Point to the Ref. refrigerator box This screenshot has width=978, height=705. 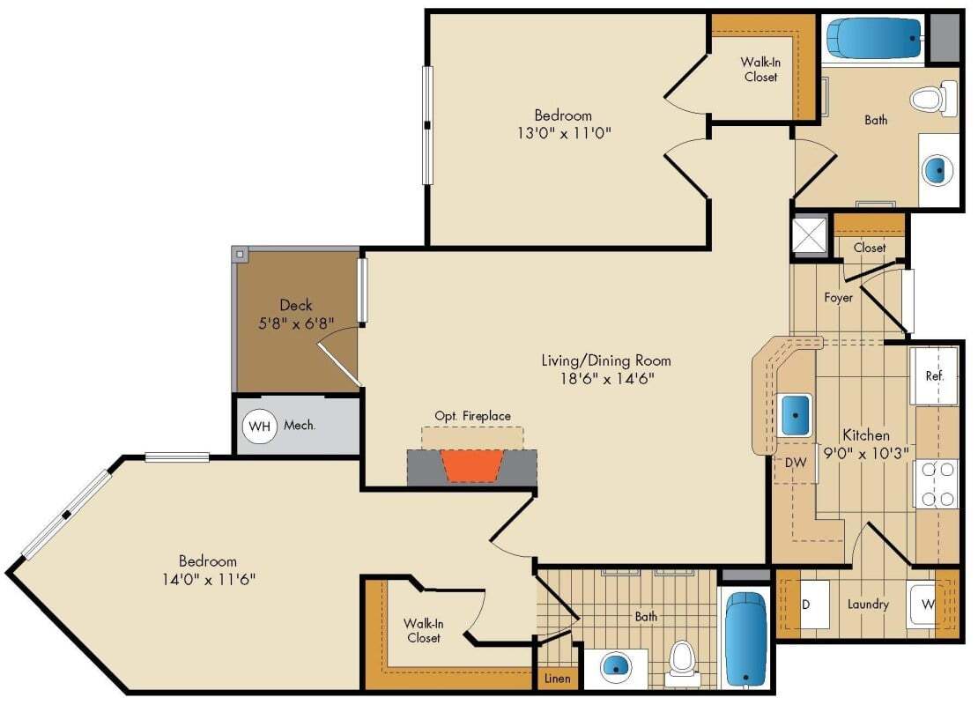point(934,376)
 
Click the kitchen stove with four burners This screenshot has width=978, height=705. point(937,484)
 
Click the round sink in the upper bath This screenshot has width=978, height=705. point(938,170)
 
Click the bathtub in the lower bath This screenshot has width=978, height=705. point(745,638)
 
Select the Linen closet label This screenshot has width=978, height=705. point(557,679)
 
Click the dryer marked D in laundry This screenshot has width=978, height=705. point(805,605)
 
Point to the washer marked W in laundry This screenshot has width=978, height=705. point(928,605)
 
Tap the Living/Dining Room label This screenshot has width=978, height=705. point(605,360)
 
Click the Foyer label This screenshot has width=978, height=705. point(838,298)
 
